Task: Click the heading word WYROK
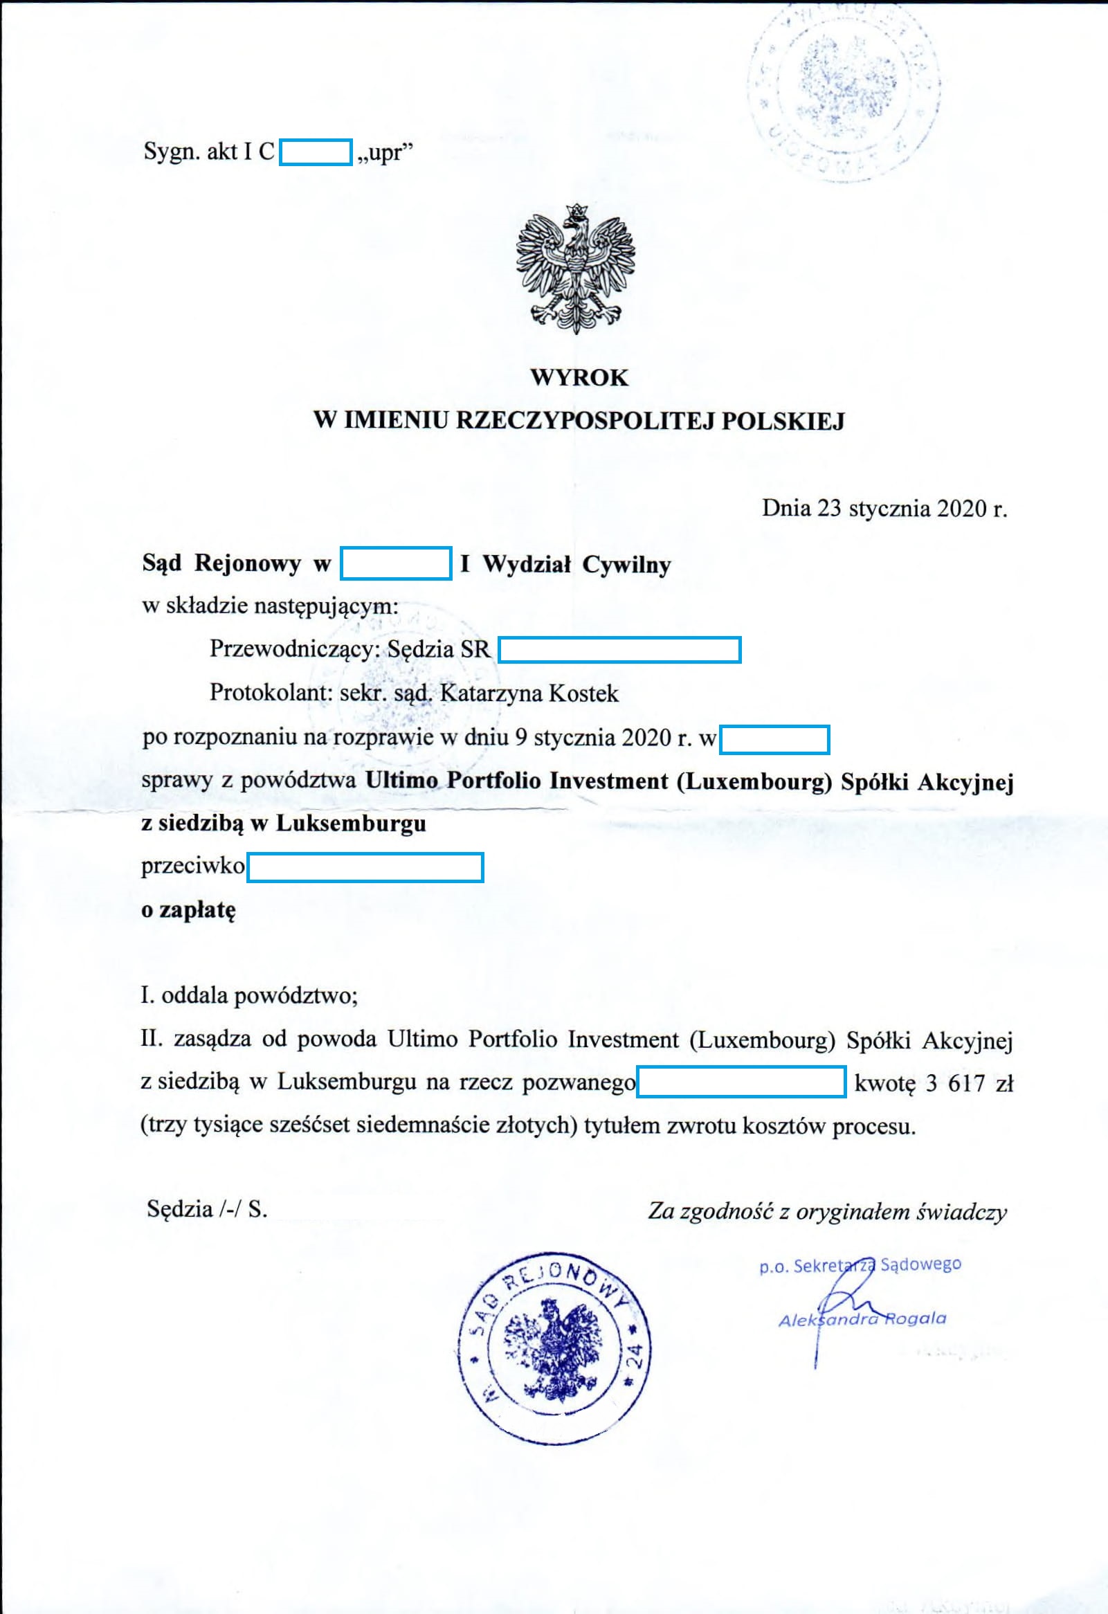pyautogui.click(x=579, y=378)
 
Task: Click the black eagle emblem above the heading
pyautogui.click(x=576, y=268)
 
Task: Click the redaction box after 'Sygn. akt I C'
pyautogui.click(x=316, y=152)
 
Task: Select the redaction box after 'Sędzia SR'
pyautogui.click(x=620, y=650)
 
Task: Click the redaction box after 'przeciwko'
pyautogui.click(x=365, y=867)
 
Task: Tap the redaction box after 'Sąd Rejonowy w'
pyautogui.click(x=396, y=563)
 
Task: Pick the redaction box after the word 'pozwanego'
pyautogui.click(x=741, y=1082)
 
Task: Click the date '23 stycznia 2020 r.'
pyautogui.click(x=911, y=509)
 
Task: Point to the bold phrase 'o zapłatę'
pyautogui.click(x=189, y=910)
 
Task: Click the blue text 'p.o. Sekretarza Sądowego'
pyautogui.click(x=860, y=1264)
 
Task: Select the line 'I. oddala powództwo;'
pyautogui.click(x=249, y=996)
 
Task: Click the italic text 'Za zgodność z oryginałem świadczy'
pyautogui.click(x=827, y=1211)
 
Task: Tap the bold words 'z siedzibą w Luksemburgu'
pyautogui.click(x=284, y=824)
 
